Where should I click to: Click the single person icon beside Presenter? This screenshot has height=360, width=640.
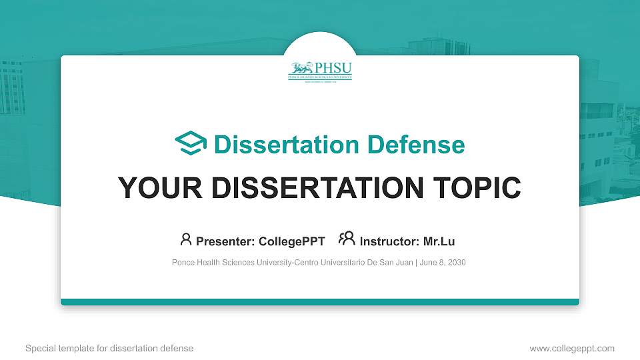(x=186, y=239)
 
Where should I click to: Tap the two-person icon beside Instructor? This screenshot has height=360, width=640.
(x=347, y=239)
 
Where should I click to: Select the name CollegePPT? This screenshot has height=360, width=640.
(x=291, y=241)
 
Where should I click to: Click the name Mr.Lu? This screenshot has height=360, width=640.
(x=439, y=241)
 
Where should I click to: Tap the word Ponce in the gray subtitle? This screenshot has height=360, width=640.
(x=183, y=263)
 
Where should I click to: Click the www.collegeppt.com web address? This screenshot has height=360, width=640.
(x=572, y=348)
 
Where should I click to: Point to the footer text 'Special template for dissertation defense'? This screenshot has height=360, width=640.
(x=109, y=348)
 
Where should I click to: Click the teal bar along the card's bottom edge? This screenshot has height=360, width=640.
(x=320, y=302)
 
